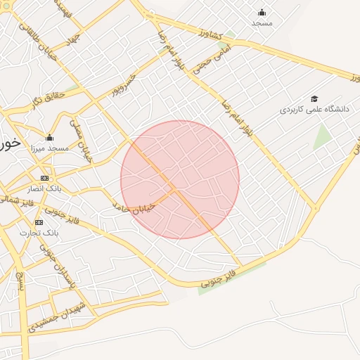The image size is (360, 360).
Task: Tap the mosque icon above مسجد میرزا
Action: [49, 137]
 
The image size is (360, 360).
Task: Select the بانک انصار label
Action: [45, 188]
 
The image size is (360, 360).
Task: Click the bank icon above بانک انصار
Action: [45, 178]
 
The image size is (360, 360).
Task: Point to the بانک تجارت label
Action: [39, 232]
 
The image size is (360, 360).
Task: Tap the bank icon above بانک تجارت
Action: [39, 222]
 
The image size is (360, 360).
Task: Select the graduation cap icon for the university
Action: [314, 98]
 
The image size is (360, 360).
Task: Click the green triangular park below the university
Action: [323, 136]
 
